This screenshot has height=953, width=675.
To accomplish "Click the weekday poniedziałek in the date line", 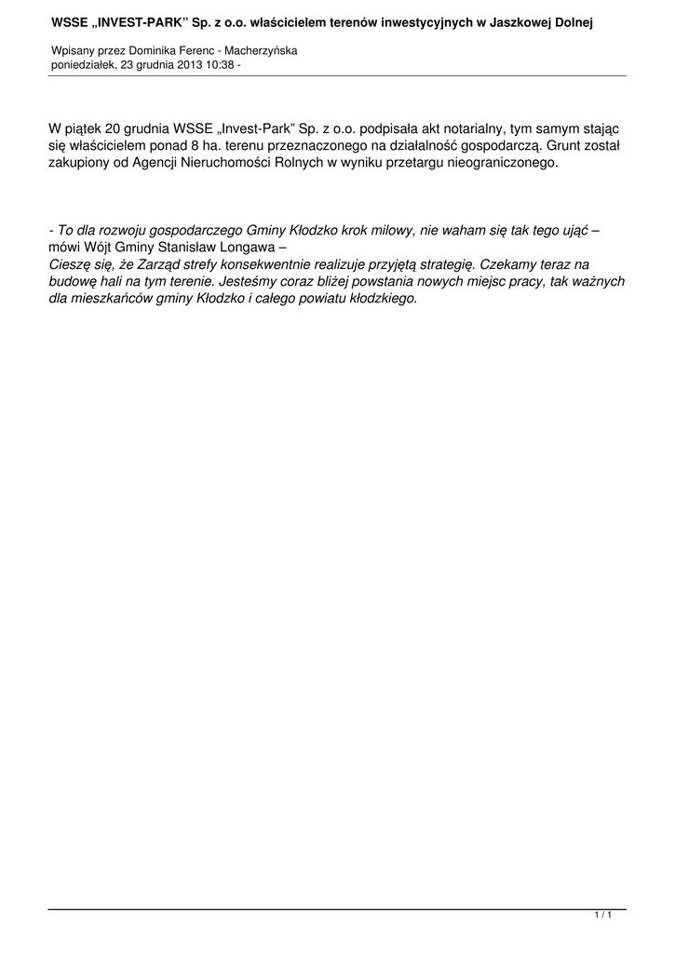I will pyautogui.click(x=82, y=65).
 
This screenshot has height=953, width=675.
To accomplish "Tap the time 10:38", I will pyautogui.click(x=222, y=65).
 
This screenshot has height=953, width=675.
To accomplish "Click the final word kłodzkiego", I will pyautogui.click(x=382, y=299).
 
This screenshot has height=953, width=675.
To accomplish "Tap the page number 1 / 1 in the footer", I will pyautogui.click(x=602, y=916).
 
